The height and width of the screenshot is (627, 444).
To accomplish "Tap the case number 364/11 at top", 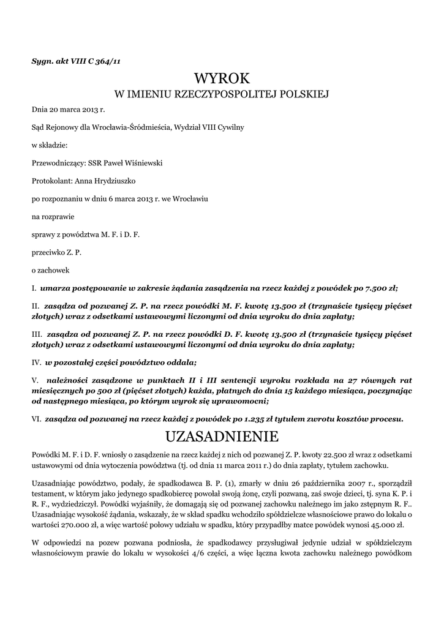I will (x=107, y=59).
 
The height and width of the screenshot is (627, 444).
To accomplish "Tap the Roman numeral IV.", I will (x=37, y=362).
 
